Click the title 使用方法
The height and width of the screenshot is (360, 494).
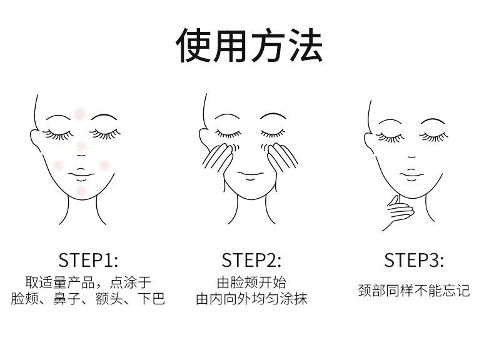point(250,45)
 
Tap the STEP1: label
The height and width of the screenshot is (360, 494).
point(88,260)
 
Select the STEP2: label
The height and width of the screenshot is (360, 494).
point(251,260)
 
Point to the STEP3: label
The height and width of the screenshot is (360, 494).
point(414,260)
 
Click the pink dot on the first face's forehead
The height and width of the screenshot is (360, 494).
point(79,113)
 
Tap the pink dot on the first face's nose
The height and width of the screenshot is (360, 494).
point(81,146)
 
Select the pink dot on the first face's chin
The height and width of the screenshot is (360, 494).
point(81,191)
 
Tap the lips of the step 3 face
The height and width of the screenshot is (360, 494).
point(411,176)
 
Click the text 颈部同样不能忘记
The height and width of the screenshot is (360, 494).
point(414,291)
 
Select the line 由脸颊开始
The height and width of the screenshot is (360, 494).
point(251,282)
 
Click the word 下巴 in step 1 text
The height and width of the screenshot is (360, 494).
point(152,299)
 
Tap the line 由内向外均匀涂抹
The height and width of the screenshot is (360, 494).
point(251,299)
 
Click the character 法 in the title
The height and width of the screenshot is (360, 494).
point(306,45)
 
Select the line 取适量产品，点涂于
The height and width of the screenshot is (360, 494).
point(88,282)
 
